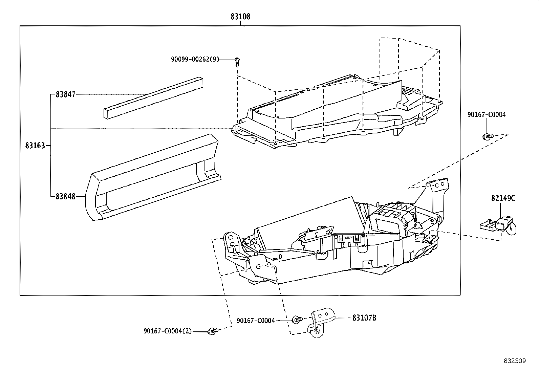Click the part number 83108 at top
point(240,16)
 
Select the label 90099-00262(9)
point(195,60)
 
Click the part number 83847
point(65,95)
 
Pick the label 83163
point(35,146)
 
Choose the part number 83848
point(65,196)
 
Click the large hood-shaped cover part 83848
point(152,176)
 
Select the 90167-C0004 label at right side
point(486,115)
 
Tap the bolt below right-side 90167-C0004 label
point(486,136)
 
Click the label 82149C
point(503,198)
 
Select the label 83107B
point(364,318)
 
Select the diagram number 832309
point(515,361)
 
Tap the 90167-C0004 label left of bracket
point(256,320)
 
